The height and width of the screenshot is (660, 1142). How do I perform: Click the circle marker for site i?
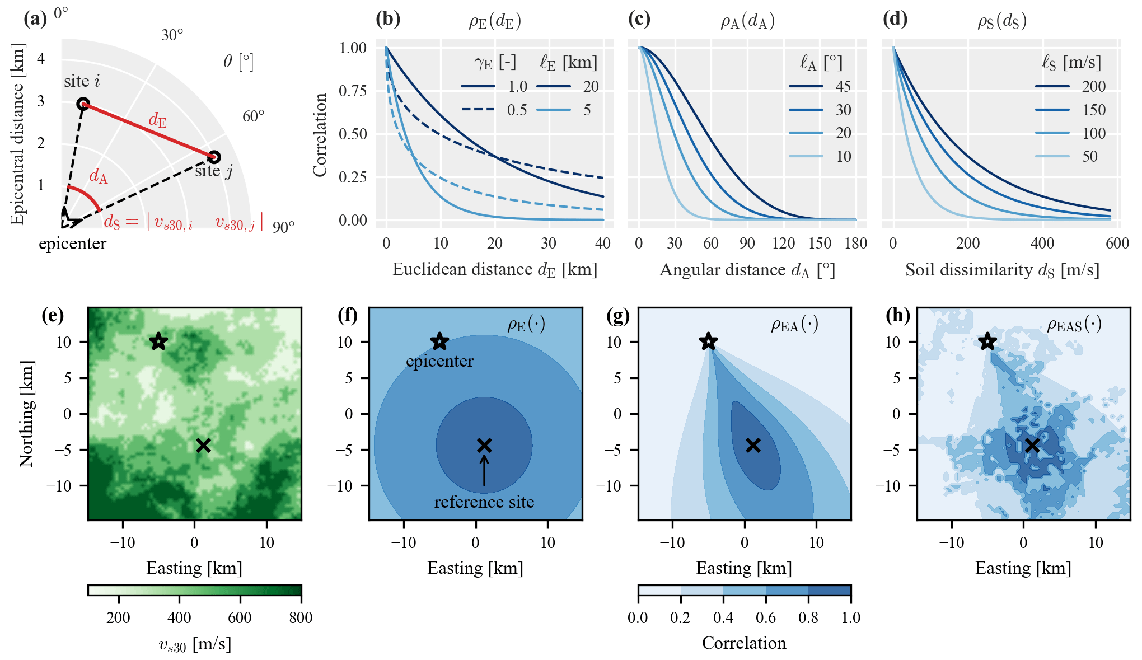pos(83,104)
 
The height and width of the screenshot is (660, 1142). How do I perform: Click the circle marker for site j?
pos(214,157)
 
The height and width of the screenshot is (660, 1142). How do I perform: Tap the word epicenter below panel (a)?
pos(72,244)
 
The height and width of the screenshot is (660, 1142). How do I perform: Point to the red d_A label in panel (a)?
pos(99,176)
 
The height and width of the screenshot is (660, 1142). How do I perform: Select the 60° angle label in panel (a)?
pos(253,116)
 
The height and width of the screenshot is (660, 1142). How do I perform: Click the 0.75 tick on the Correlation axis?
pos(353,91)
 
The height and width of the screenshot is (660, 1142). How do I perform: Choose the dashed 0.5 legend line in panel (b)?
pos(478,110)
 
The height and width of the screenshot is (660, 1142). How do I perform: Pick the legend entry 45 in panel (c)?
pos(843,86)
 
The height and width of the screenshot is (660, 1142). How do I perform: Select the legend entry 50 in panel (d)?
pos(1089,156)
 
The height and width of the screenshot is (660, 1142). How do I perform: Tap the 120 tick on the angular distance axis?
pos(783,243)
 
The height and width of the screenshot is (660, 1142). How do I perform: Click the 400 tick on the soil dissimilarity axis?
pos(1042,243)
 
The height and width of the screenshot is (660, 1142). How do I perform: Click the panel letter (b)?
pos(388,19)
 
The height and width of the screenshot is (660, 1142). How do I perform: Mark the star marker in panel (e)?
pos(158,341)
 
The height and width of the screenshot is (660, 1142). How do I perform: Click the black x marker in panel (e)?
pos(203,445)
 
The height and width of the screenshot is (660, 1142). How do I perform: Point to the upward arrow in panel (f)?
pos(484,470)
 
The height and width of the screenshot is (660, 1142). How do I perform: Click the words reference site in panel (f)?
pos(484,502)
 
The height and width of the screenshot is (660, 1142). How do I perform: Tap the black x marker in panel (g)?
pos(753,445)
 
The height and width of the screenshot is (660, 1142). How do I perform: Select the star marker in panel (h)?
pos(987,341)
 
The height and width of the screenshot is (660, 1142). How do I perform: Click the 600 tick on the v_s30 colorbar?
pos(240,617)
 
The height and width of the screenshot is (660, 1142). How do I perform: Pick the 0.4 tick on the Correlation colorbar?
pos(723,617)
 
